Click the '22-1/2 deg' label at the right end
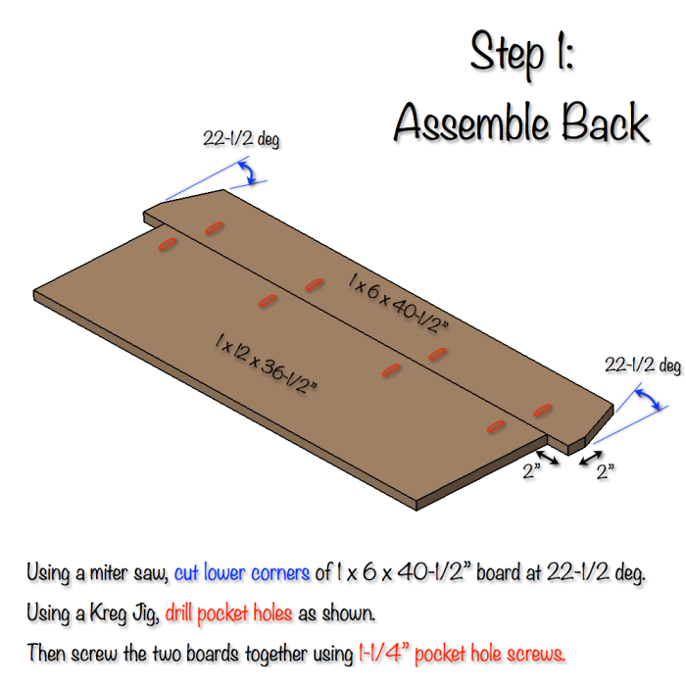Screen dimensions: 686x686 (642, 366)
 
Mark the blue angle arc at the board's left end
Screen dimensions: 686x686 (251, 175)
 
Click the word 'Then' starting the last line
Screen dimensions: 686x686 (45, 652)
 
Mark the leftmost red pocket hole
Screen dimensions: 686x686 (167, 242)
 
